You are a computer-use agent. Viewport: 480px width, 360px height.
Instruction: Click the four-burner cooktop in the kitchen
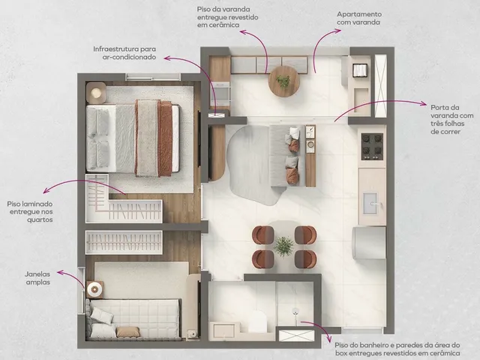(x=372, y=146)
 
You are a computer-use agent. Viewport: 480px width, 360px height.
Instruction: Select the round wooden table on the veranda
(x=283, y=82)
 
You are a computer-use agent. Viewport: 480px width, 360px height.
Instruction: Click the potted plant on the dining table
(x=283, y=246)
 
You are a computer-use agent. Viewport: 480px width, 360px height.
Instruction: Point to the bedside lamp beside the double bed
(x=96, y=92)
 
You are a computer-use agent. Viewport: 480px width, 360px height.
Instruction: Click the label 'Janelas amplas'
(x=37, y=278)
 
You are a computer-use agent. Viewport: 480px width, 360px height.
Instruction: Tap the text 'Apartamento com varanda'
(x=359, y=18)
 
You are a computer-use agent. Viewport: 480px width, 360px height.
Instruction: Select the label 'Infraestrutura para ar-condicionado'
(x=124, y=53)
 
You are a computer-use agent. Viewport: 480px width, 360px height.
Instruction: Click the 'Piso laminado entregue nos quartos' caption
(x=30, y=211)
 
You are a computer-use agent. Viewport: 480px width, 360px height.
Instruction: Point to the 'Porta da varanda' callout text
(x=451, y=120)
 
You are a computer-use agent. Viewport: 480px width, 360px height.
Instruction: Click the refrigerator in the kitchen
(x=370, y=243)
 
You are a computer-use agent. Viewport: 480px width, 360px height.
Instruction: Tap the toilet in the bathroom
(x=257, y=321)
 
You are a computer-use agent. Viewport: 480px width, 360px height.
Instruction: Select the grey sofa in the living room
(x=286, y=155)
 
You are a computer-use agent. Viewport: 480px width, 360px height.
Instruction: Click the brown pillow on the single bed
(x=128, y=331)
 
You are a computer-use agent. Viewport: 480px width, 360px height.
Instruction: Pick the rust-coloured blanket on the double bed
(x=165, y=138)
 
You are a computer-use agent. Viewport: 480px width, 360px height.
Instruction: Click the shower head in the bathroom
(x=295, y=312)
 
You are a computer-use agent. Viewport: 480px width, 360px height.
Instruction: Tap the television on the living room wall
(x=210, y=153)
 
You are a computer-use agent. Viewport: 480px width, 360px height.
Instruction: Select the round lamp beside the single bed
(x=94, y=289)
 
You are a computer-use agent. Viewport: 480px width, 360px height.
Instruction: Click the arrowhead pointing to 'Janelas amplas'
(x=59, y=271)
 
